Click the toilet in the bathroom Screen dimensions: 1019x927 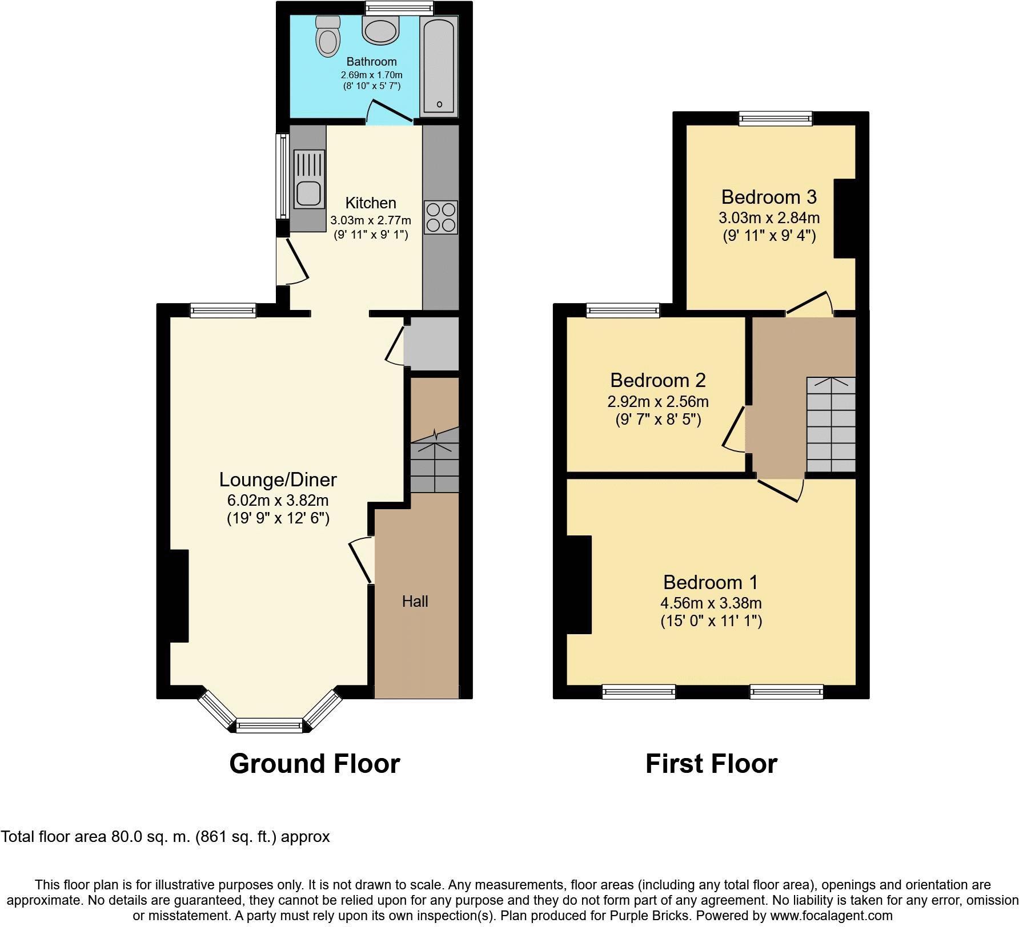pos(327,36)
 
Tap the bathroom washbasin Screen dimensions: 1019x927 pos(380,29)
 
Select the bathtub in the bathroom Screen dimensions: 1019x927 pos(439,66)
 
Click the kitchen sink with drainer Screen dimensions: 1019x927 pos(309,179)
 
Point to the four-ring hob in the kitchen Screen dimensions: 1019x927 pos(441,217)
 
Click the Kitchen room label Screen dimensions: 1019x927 pos(371,203)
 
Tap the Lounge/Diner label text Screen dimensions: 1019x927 pos(278,479)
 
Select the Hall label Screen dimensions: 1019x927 pos(415,601)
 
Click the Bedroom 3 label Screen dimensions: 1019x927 pos(769,197)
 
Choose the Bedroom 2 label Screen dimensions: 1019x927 pos(658,380)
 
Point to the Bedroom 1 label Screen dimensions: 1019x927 pos(711,582)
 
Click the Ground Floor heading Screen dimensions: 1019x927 pos(315,763)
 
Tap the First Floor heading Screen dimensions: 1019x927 pos(712,763)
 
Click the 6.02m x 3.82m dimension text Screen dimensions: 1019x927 pos(278,501)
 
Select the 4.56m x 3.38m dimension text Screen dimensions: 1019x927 pos(711,603)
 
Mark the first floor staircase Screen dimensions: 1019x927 pos(831,425)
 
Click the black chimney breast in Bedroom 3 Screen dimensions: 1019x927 pos(845,219)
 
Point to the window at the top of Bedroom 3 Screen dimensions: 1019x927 pos(776,118)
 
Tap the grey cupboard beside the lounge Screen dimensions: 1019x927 pos(432,344)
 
